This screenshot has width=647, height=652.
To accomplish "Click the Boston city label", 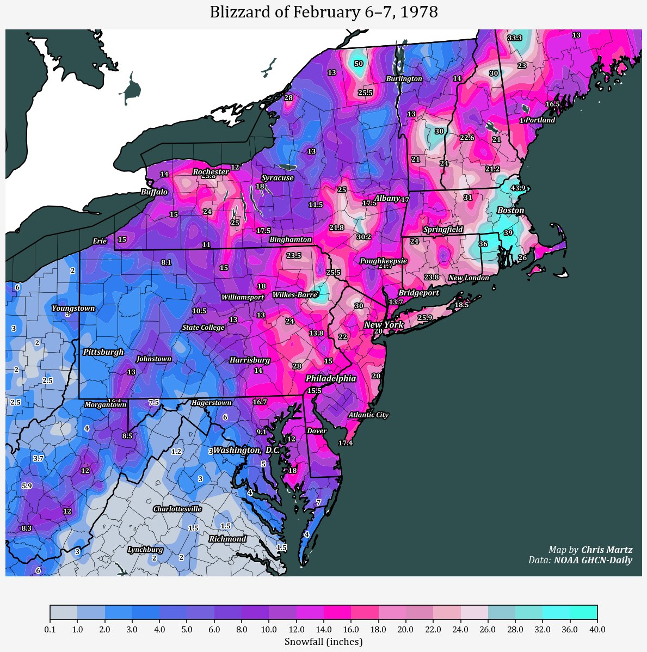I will [x=510, y=211].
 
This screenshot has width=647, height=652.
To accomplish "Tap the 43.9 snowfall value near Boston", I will [x=518, y=188].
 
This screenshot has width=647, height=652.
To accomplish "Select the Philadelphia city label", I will [x=330, y=378].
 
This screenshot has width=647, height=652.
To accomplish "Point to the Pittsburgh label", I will [x=103, y=352].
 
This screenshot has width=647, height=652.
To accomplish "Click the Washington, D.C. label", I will [x=246, y=451].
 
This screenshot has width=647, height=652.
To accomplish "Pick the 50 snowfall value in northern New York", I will [x=358, y=64].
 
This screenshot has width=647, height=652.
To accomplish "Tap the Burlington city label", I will [x=404, y=79].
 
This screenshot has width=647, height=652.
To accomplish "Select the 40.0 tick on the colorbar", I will [x=597, y=630].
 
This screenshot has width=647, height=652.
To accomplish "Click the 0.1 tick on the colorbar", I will [x=50, y=630].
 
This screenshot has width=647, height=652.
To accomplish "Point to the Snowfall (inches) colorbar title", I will [x=323, y=642].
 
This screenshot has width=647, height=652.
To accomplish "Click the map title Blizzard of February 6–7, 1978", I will [x=323, y=12].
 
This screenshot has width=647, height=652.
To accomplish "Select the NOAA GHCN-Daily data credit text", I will [x=593, y=560].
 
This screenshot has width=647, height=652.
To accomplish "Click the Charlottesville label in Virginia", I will [x=177, y=509].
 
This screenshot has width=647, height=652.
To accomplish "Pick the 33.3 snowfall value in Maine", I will [x=514, y=38].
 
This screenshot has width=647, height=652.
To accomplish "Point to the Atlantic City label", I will [x=368, y=415].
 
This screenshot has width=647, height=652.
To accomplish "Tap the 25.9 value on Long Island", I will [x=424, y=318].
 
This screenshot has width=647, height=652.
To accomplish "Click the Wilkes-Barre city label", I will [x=294, y=295].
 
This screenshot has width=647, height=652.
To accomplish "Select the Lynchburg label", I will [x=145, y=550].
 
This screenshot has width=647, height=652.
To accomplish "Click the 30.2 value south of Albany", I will [x=363, y=237].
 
